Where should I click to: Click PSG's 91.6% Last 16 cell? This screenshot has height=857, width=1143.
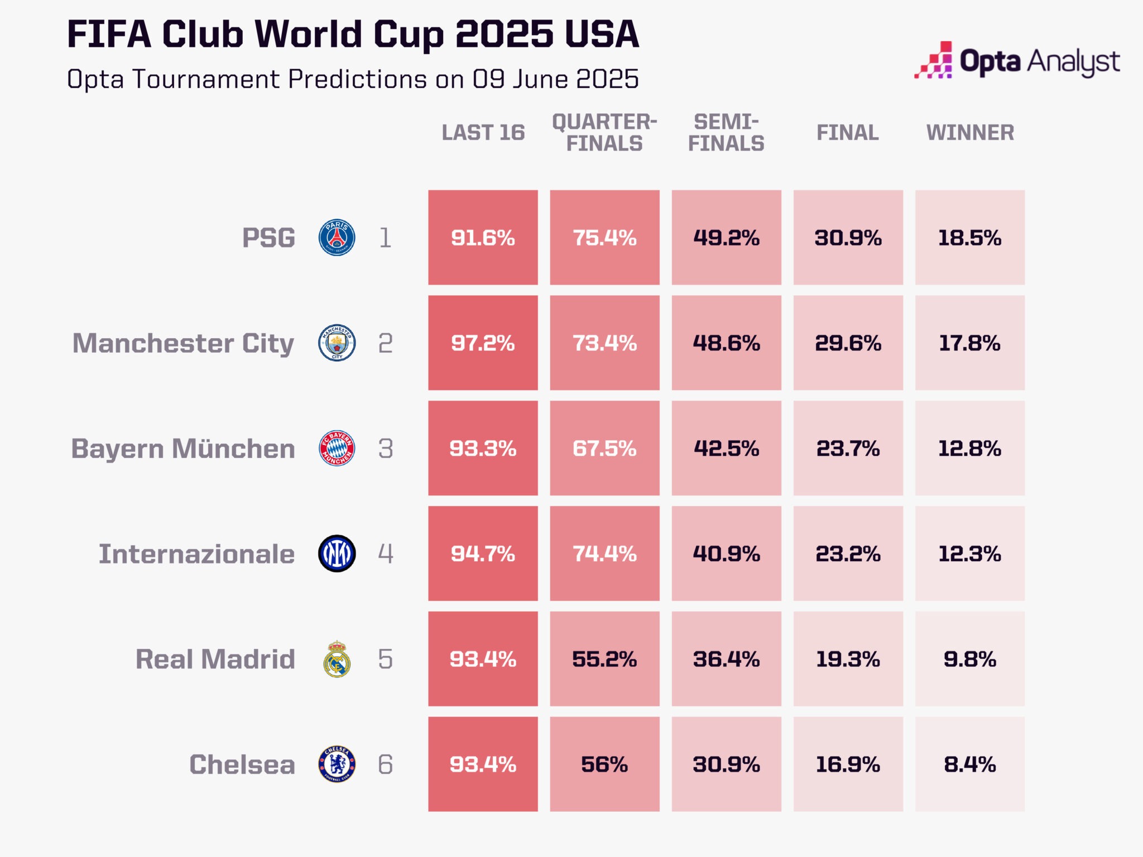click(x=483, y=238)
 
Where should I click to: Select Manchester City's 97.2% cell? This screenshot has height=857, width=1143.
click(x=483, y=343)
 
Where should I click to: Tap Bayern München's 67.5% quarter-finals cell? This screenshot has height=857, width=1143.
click(x=604, y=448)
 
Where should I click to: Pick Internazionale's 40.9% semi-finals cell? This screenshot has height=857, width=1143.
click(x=726, y=553)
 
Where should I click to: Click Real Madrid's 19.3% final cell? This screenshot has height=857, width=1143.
click(x=848, y=659)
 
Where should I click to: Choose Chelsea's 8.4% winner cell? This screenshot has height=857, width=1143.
click(x=969, y=764)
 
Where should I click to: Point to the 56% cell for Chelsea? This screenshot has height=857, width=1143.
click(x=604, y=764)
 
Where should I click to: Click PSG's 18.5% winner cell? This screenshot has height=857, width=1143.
click(x=969, y=238)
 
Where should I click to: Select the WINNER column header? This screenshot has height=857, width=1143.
click(x=970, y=133)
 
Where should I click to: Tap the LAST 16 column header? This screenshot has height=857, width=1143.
click(x=483, y=133)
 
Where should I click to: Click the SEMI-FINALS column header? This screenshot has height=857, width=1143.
click(x=726, y=133)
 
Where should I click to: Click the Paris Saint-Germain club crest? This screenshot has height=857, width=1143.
click(x=337, y=238)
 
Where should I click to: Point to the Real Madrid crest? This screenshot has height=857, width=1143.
click(x=337, y=659)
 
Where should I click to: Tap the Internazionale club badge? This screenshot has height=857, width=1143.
click(x=337, y=553)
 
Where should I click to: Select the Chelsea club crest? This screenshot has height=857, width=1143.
click(x=337, y=764)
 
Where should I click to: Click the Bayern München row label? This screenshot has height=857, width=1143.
click(x=183, y=449)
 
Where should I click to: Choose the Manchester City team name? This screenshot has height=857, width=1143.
click(x=183, y=343)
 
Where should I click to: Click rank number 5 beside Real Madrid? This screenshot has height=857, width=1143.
click(x=385, y=659)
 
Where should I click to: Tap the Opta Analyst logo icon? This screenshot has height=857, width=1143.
click(x=934, y=60)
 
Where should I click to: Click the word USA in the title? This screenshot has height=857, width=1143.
click(x=601, y=35)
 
